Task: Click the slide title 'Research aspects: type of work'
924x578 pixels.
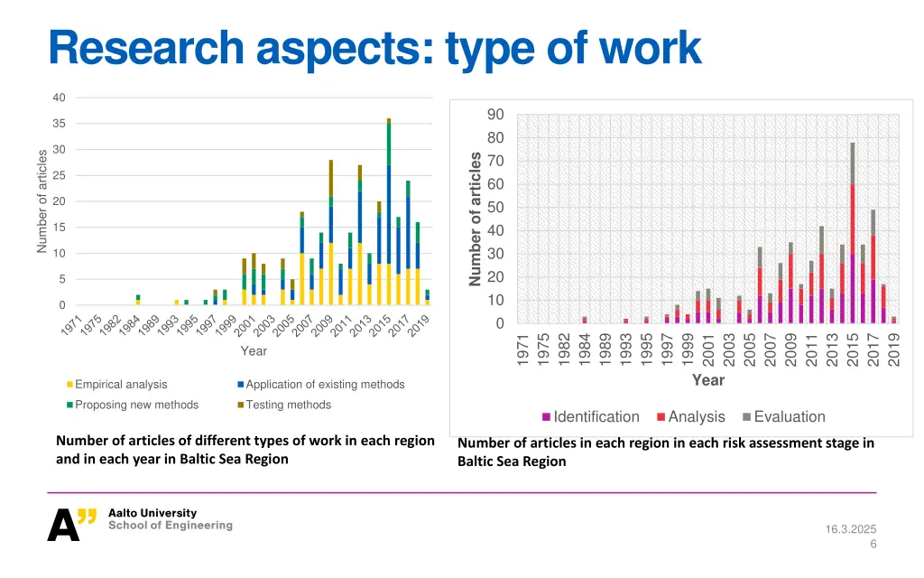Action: point(374,48)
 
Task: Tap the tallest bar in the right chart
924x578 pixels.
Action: point(853,235)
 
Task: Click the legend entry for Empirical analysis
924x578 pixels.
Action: point(120,385)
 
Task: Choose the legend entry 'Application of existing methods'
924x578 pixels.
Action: point(325,385)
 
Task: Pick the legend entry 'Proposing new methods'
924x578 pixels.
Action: point(135,405)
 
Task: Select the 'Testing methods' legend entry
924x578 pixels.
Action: point(288,405)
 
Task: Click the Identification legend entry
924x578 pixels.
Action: point(596,416)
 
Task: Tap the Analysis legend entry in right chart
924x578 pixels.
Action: point(696,416)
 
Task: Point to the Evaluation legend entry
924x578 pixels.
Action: point(789,416)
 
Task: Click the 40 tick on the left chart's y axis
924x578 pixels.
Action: point(59,98)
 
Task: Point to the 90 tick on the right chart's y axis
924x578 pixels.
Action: point(495,115)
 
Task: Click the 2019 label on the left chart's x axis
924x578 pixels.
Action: point(418,325)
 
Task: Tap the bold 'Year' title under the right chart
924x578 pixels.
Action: point(707,380)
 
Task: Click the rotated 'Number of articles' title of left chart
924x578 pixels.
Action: point(42,201)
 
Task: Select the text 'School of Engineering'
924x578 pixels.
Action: point(170,526)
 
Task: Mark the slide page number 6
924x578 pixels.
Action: point(873,544)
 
